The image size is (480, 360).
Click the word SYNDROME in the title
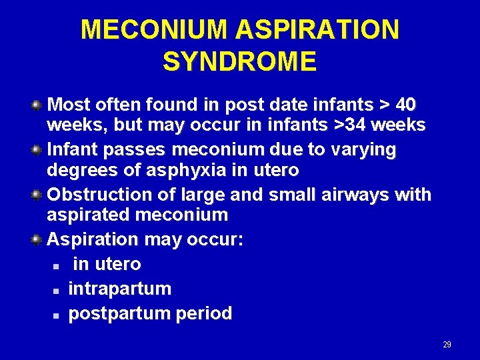[x=239, y=62]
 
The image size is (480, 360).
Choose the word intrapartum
[x=120, y=289]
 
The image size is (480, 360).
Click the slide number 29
[x=447, y=345]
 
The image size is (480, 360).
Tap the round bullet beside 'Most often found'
[x=38, y=105]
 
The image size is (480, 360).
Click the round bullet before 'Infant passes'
[x=38, y=150]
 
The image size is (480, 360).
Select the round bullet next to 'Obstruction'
[x=38, y=195]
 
